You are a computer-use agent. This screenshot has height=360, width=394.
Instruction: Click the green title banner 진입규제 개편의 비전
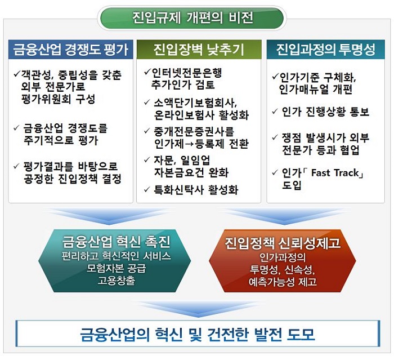tap(192, 18)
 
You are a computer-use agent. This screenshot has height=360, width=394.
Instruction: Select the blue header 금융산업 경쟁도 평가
tap(70, 50)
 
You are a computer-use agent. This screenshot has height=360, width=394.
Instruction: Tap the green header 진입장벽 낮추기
tap(199, 50)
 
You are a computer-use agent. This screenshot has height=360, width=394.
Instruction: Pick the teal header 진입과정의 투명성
tap(326, 50)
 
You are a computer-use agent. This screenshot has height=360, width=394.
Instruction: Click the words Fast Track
tap(335, 173)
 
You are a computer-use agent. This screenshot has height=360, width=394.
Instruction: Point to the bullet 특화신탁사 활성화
tap(196, 190)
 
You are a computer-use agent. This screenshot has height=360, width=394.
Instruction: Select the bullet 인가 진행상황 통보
tap(325, 112)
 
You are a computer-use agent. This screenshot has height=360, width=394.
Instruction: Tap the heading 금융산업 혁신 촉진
tap(117, 242)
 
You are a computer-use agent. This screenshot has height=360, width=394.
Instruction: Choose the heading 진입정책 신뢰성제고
tap(283, 243)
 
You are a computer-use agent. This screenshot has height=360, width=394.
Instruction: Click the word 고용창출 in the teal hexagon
tap(116, 280)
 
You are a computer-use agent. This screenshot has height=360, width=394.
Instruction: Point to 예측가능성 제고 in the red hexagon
tap(283, 282)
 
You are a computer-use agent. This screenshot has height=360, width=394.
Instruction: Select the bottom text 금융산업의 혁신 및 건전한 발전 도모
tap(198, 334)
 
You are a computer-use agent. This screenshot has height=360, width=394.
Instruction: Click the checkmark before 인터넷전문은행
tap(147, 73)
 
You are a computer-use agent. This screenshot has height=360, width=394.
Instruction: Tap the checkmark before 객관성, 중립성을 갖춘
tap(17, 74)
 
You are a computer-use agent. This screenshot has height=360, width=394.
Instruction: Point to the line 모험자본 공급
tap(116, 268)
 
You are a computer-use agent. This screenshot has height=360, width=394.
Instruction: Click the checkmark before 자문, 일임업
tap(147, 160)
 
